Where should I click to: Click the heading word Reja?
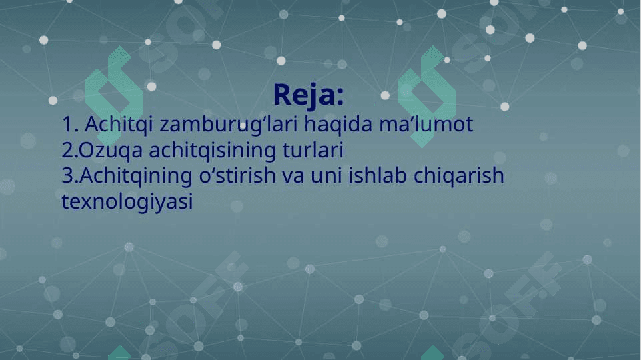pyautogui.click(x=309, y=96)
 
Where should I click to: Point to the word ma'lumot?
pyautogui.click(x=426, y=124)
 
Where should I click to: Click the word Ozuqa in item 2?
pyautogui.click(x=110, y=151)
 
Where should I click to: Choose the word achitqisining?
pyautogui.click(x=213, y=151)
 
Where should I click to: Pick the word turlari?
pyautogui.click(x=313, y=150)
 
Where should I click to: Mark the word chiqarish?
pyautogui.click(x=459, y=176)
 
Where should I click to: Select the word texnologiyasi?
pyautogui.click(x=127, y=202)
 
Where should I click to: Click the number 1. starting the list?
pyautogui.click(x=70, y=124)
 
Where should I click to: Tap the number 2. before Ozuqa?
pyautogui.click(x=69, y=151)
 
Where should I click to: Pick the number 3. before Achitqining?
pyautogui.click(x=70, y=176)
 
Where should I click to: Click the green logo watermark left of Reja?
pyautogui.click(x=115, y=97)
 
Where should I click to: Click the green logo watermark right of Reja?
pyautogui.click(x=427, y=97)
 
